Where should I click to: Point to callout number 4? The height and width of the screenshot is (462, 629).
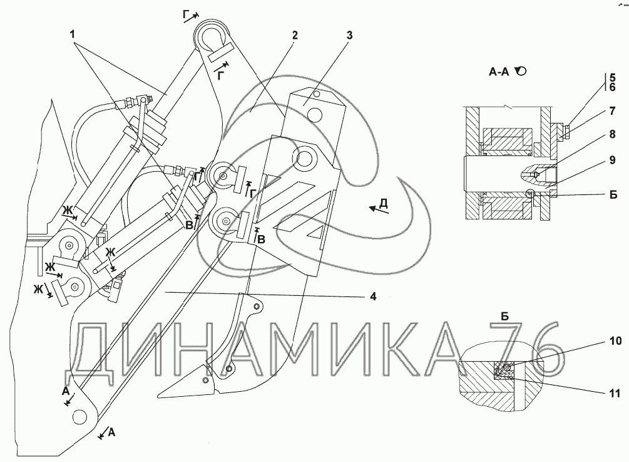[372, 297]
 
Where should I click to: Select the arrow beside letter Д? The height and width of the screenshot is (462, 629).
[378, 210]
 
